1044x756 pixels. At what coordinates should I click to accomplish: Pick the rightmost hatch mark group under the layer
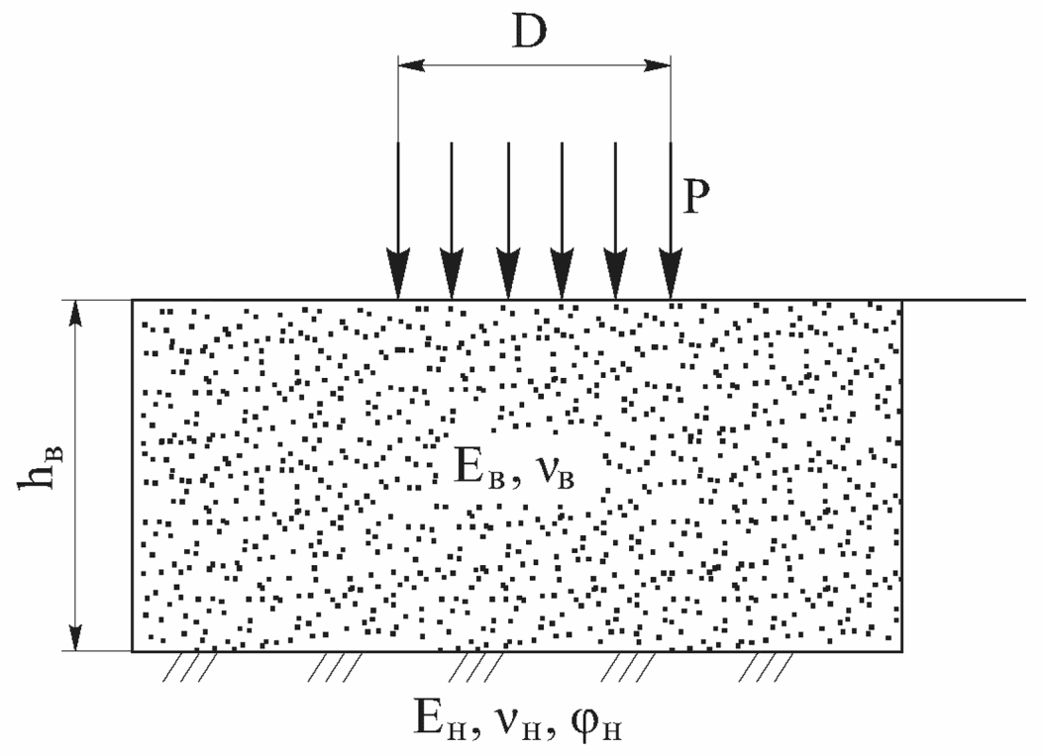pos(769,667)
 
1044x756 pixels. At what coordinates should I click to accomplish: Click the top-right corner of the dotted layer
pos(901,300)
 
